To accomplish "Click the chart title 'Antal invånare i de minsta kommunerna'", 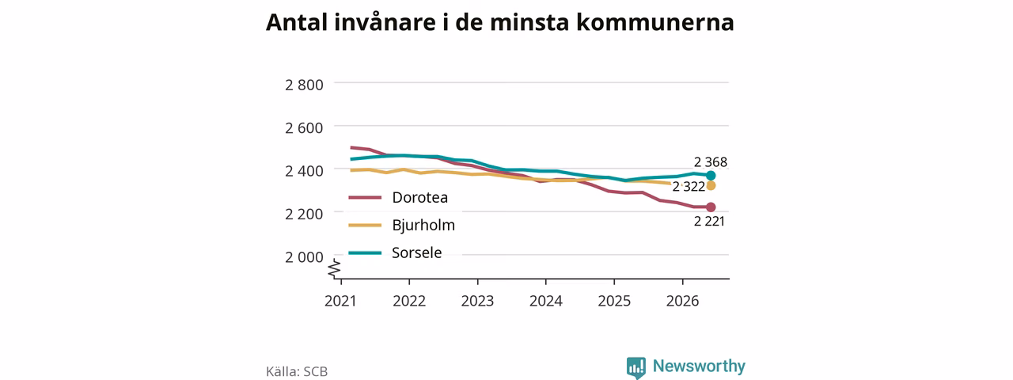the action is tap(499, 23).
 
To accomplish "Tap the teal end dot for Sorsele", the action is tap(711, 176).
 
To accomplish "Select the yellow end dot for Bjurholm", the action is tap(711, 185).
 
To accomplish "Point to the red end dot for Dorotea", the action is tap(711, 207).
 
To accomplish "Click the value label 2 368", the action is tap(711, 162).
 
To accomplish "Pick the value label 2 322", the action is tap(689, 186).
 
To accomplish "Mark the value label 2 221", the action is tap(709, 221).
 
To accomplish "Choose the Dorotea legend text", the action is tap(419, 197).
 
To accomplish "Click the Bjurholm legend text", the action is tap(423, 226).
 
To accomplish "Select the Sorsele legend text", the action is tap(416, 253).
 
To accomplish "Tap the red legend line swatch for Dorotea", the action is tap(365, 197).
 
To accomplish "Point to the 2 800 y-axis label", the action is tap(304, 85).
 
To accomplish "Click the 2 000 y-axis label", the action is tap(304, 257).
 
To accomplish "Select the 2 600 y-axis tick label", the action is tap(304, 127).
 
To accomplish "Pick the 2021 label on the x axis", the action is tap(340, 301).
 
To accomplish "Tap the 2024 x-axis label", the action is tap(546, 301).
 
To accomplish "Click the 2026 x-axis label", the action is tap(682, 301).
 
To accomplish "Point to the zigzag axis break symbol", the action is tap(335, 268).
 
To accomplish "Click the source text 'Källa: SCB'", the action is tap(297, 371).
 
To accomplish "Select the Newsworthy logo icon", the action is tap(635, 367).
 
